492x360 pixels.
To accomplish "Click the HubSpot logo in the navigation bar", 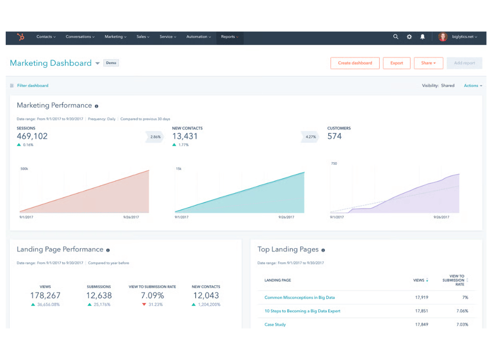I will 21,37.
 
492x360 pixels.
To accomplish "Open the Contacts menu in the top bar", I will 46,37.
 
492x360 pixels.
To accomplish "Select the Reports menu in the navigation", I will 229,37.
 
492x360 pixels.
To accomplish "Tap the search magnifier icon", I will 396,36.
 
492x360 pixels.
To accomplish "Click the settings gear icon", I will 409,36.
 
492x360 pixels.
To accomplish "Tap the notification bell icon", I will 423,36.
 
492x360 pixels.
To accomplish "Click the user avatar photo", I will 443,37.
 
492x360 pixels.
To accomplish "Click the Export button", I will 396,63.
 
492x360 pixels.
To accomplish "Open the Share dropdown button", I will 428,63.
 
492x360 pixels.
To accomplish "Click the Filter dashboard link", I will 32,85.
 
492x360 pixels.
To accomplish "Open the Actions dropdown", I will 473,85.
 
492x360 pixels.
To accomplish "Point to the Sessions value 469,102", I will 32,136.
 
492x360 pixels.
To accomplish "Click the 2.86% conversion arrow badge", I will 154,137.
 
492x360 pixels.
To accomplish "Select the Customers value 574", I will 334,136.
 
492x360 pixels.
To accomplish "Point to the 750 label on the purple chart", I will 334,164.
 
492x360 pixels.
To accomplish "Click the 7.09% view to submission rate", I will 152,296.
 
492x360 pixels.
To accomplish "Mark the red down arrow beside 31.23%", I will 144,305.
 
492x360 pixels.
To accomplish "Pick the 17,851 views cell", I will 421,311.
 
